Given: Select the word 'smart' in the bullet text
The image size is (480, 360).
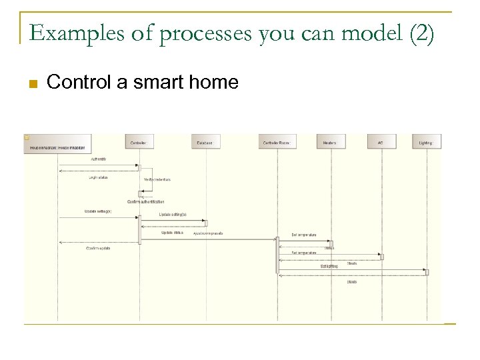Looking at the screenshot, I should tap(159, 83).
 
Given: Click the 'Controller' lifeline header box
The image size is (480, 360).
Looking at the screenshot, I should tap(139, 142).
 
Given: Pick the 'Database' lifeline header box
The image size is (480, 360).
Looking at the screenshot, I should tap(206, 142).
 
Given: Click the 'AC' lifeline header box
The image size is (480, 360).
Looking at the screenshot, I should tap(381, 142).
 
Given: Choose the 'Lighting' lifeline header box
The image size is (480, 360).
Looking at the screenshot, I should tap(427, 142).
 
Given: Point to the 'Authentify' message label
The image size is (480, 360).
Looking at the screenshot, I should tap(99, 159).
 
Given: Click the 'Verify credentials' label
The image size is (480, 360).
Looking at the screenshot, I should tap(157, 179).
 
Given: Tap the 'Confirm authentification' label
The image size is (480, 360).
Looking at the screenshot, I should tap(146, 201).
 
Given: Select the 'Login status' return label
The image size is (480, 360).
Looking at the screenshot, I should tap(99, 177).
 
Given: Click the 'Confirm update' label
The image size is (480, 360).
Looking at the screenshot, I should tap(99, 248).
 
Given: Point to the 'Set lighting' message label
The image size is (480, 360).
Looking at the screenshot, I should tap(329, 266).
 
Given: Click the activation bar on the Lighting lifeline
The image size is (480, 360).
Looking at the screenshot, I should tap(427, 272).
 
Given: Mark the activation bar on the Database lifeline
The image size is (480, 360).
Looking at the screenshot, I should tap(206, 223).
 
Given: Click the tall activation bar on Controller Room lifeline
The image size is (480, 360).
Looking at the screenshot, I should tap(278, 255).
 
